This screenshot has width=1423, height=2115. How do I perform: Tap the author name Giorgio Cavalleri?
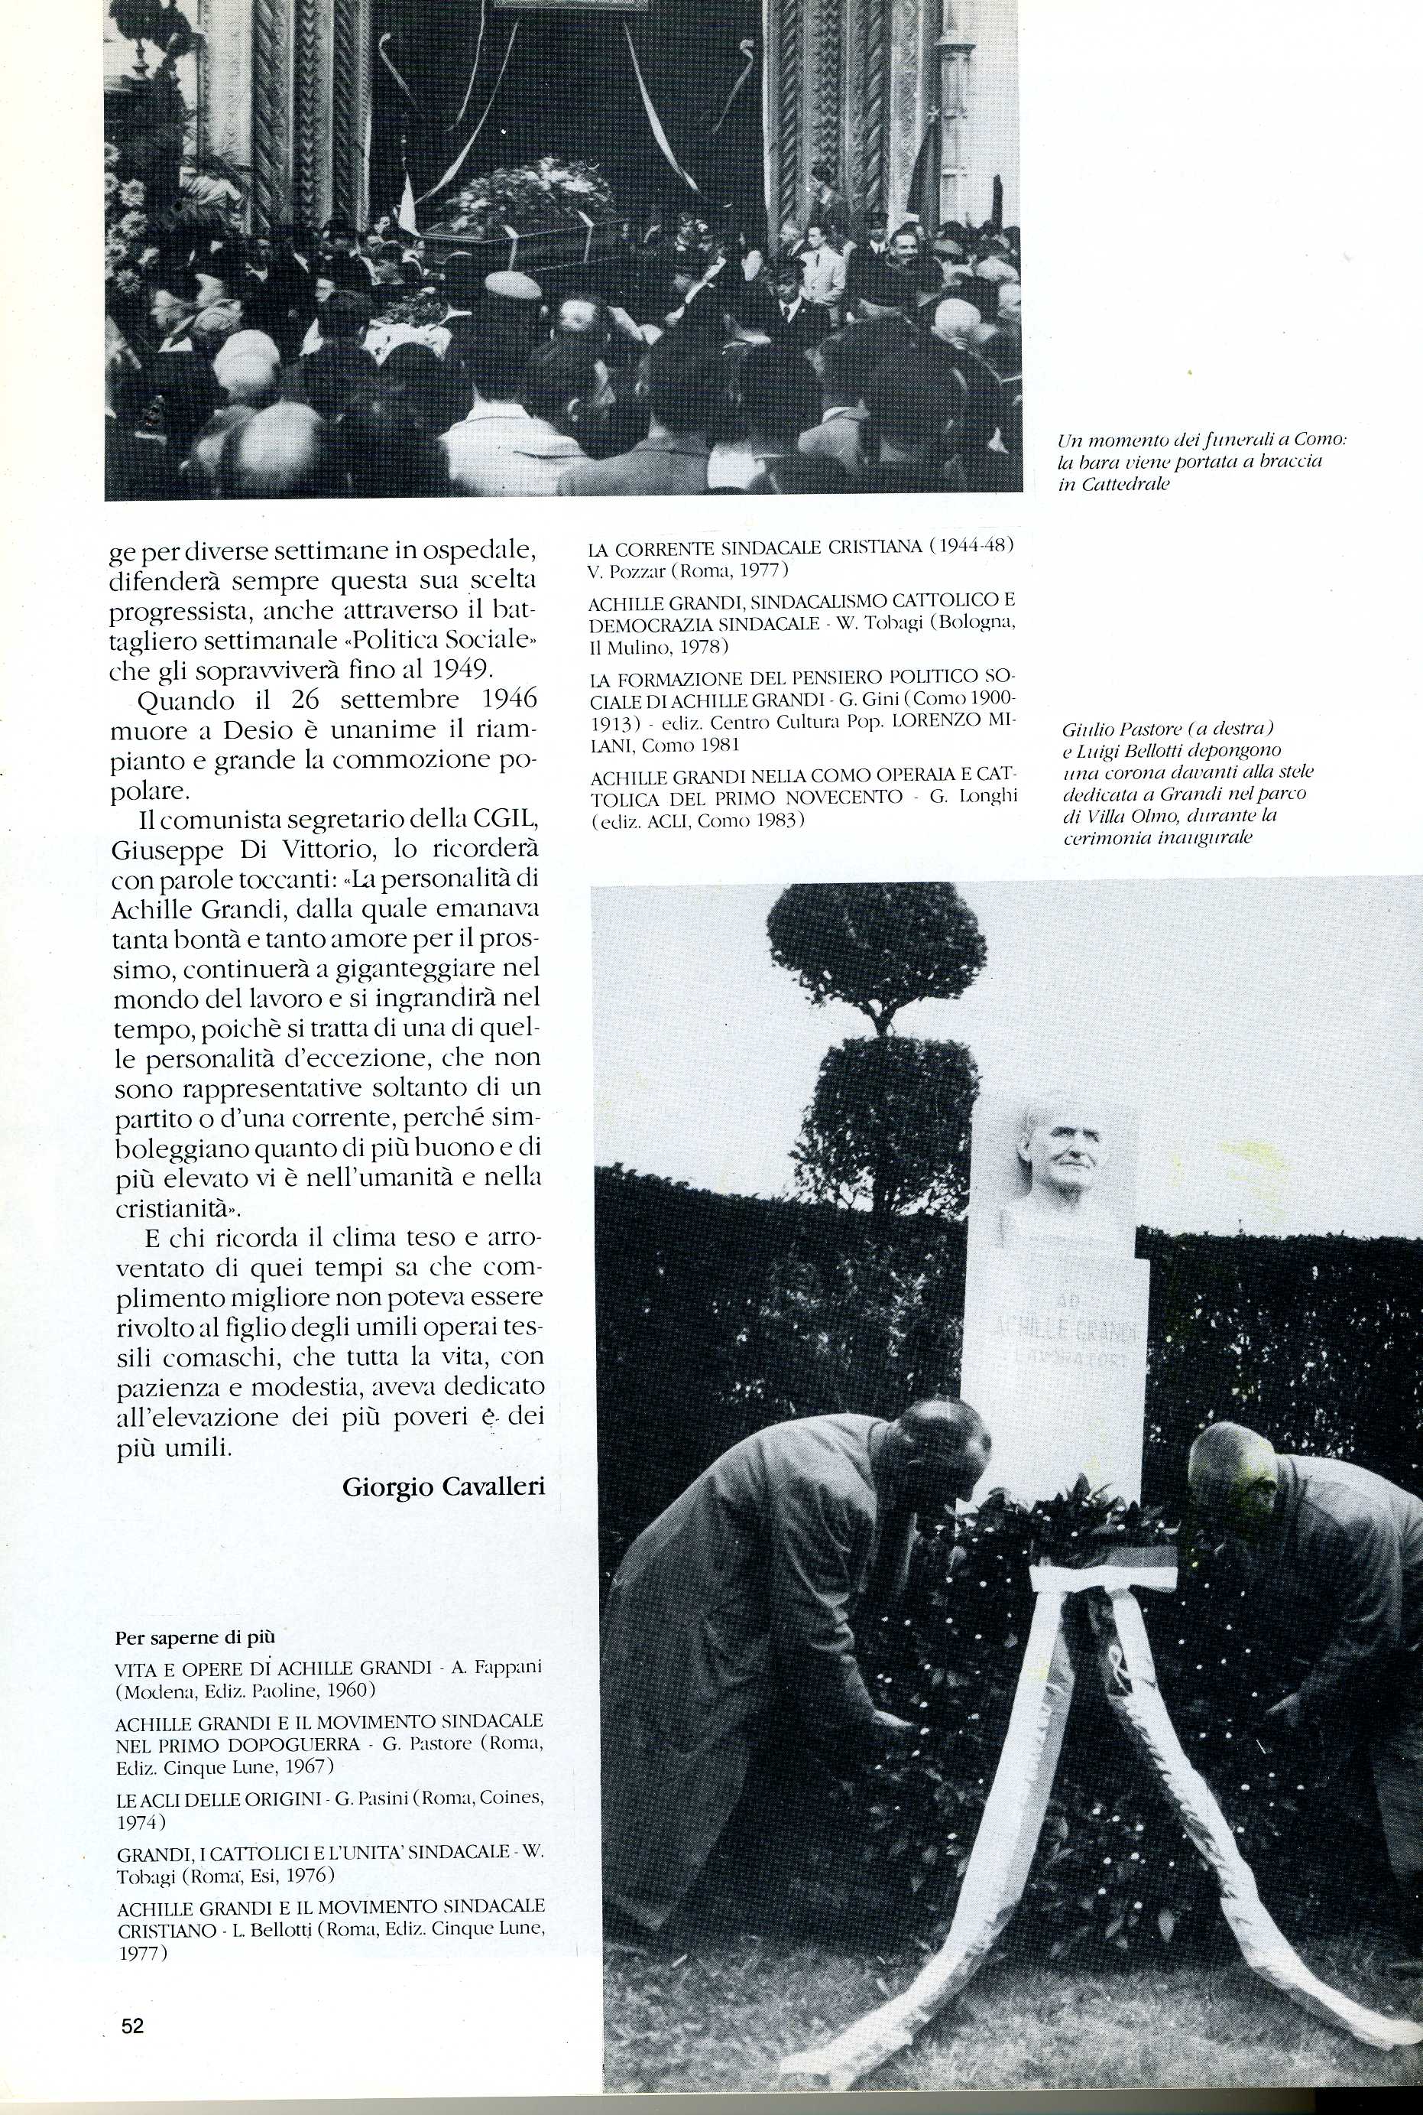pyautogui.click(x=444, y=1486)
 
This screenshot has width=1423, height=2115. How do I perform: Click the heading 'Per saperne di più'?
pyautogui.click(x=195, y=1638)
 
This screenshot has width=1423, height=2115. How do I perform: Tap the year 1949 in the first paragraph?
pyautogui.click(x=459, y=671)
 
